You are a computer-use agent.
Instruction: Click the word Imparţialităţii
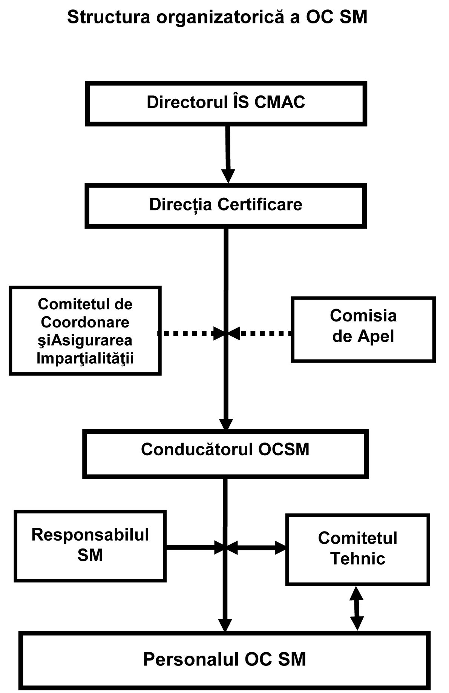(x=85, y=358)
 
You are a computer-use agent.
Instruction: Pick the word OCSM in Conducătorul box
(x=284, y=449)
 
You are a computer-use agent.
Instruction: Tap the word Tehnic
(x=358, y=559)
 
